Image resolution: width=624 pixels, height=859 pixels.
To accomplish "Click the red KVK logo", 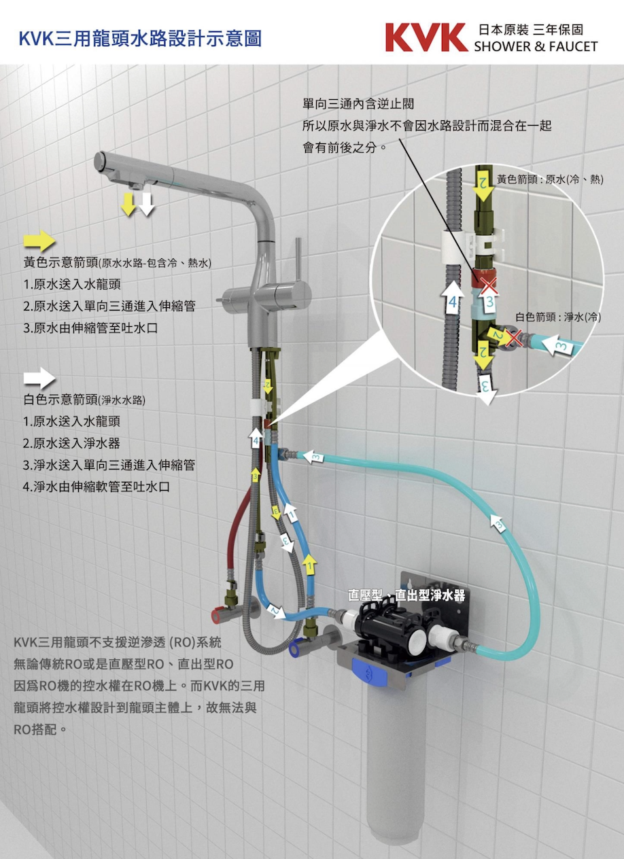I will pyautogui.click(x=426, y=37).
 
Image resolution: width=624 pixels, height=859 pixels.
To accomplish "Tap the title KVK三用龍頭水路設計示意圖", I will pyautogui.click(x=140, y=37).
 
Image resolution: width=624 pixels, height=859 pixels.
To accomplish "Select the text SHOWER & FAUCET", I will pyautogui.click(x=536, y=47).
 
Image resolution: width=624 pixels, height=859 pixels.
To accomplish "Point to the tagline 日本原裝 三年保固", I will pyautogui.click(x=530, y=30).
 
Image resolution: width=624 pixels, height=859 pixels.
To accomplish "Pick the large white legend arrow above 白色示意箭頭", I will pyautogui.click(x=39, y=378).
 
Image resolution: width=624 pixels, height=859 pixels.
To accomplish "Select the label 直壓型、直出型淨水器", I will pyautogui.click(x=406, y=595).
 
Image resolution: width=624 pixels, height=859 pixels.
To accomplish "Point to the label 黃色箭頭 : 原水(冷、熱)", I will pyautogui.click(x=549, y=179).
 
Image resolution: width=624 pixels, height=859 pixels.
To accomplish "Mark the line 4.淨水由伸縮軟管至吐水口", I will pyautogui.click(x=97, y=487).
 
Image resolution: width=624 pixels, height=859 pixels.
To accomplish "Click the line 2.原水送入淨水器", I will pyautogui.click(x=71, y=443).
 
